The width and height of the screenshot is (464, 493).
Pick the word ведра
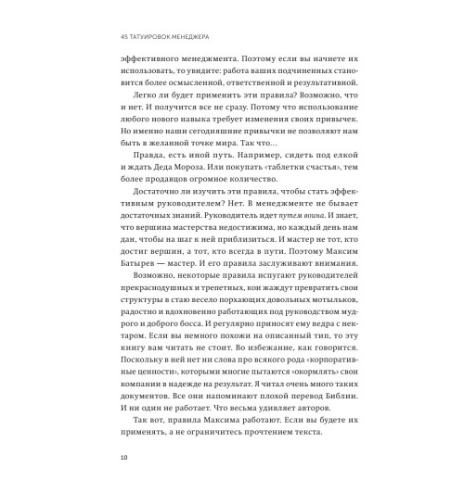point(299,356)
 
